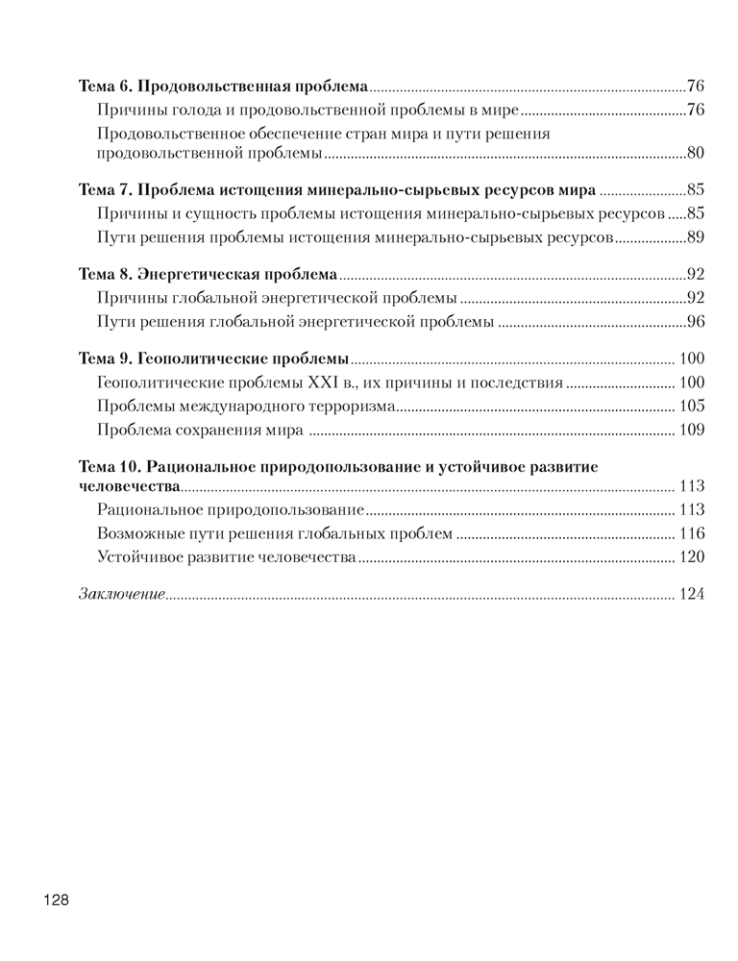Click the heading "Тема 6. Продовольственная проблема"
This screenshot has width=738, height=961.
pos(223,86)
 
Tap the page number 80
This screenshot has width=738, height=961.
pos(697,154)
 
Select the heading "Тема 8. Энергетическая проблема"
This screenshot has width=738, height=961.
pos(207,274)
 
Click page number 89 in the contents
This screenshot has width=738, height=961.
pos(697,235)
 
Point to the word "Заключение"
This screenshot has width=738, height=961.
pos(121,594)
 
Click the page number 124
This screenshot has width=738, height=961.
pos(692,594)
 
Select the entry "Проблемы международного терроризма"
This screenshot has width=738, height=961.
pos(246,406)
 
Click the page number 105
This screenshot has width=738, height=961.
pos(692,406)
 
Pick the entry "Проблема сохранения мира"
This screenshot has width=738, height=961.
pos(201,429)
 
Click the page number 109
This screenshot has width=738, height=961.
pos(692,429)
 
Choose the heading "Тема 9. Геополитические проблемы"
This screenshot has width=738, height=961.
pos(213,359)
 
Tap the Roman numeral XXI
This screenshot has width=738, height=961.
pos(325,383)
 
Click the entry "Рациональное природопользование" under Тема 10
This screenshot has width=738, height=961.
pos(231,509)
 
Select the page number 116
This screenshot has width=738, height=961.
pos(692,533)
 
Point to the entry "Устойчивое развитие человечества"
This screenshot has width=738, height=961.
pos(227,556)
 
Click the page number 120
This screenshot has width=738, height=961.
pos(692,556)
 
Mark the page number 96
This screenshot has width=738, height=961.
pos(697,321)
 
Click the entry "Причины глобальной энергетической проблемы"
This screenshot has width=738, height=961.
pos(277,298)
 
